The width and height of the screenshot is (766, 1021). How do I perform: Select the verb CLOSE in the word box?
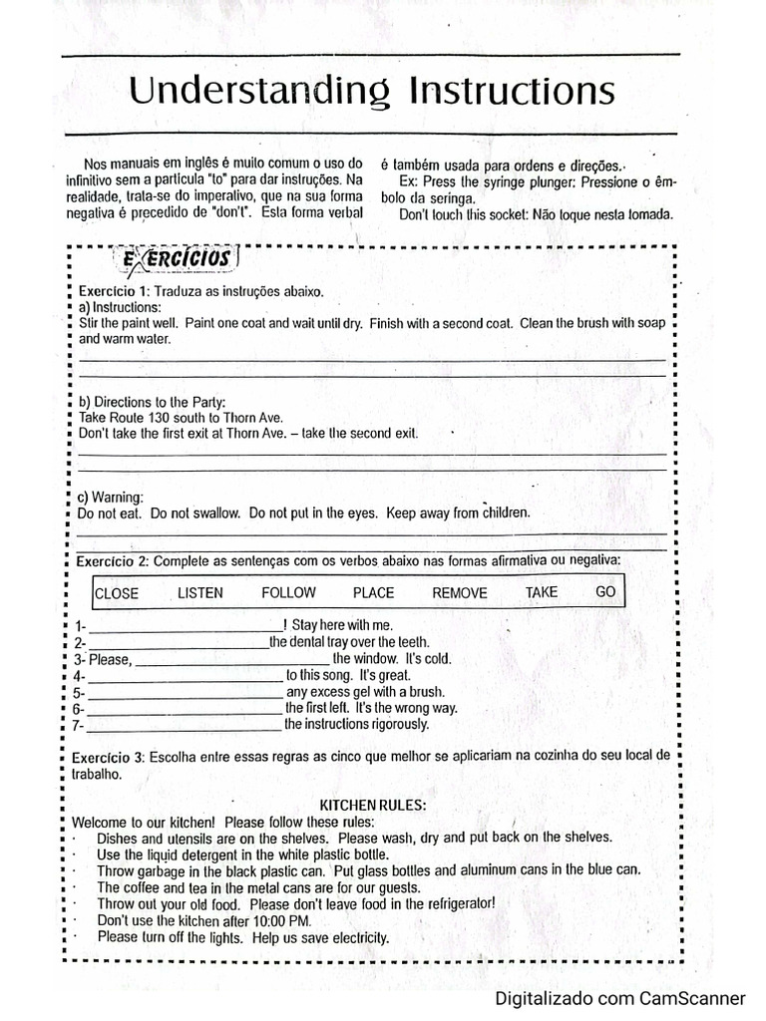pyautogui.click(x=117, y=593)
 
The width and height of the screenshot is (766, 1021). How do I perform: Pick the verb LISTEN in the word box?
pyautogui.click(x=200, y=592)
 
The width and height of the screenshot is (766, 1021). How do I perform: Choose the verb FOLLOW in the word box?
pyautogui.click(x=288, y=592)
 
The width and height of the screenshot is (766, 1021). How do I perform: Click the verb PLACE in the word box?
pyautogui.click(x=374, y=592)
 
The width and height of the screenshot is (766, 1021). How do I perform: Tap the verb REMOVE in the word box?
pyautogui.click(x=460, y=593)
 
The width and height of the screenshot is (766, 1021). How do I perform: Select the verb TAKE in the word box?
pyautogui.click(x=542, y=591)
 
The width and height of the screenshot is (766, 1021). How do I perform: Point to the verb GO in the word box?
pyautogui.click(x=605, y=591)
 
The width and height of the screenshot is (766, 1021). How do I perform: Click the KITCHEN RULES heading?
pyautogui.click(x=372, y=805)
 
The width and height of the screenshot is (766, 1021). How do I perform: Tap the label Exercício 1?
pyautogui.click(x=114, y=290)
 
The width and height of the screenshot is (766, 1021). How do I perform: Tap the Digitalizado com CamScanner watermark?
pyautogui.click(x=620, y=998)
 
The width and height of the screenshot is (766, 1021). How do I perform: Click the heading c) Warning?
pyautogui.click(x=111, y=497)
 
